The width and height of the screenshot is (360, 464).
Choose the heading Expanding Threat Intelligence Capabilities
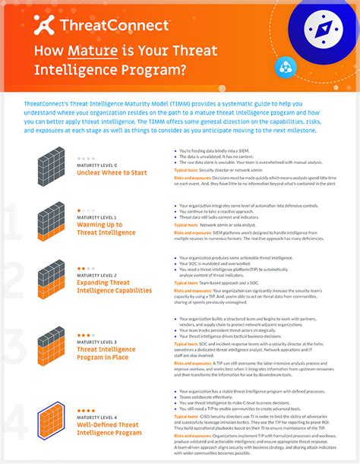(x=114, y=286)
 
